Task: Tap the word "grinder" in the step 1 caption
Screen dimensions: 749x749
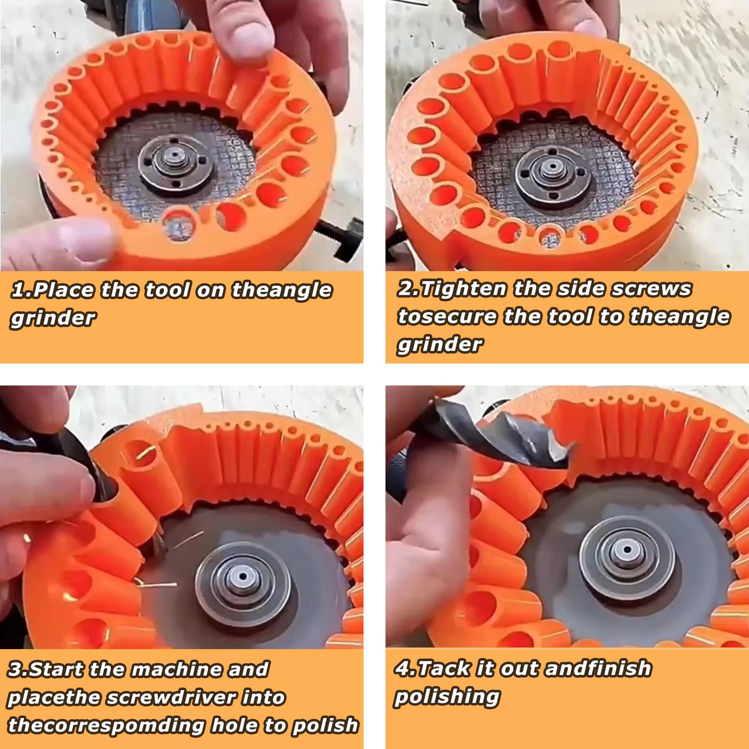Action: pyautogui.click(x=53, y=318)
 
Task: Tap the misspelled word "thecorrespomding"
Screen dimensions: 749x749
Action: pyautogui.click(x=106, y=725)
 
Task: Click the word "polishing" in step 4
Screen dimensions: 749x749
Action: pyautogui.click(x=447, y=696)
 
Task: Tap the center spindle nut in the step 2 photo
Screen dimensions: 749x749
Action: pyautogui.click(x=551, y=168)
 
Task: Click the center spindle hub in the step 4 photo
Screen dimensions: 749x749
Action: pyautogui.click(x=626, y=551)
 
